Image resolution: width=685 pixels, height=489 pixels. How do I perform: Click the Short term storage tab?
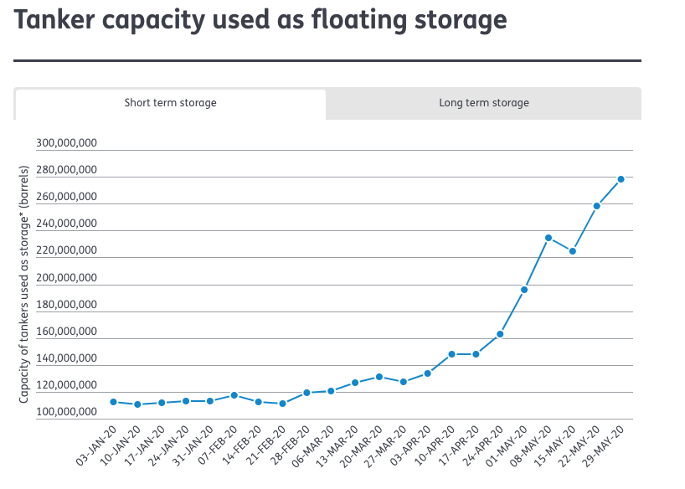pyautogui.click(x=170, y=103)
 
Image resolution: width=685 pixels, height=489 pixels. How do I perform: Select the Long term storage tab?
pyautogui.click(x=483, y=103)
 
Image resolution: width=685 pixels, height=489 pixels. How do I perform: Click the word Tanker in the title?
pyautogui.click(x=56, y=21)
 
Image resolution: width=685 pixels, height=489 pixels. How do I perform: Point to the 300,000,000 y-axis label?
pyautogui.click(x=67, y=143)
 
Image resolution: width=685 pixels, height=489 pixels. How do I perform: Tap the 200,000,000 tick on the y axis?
pyautogui.click(x=67, y=278)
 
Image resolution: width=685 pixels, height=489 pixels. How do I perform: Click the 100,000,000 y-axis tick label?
pyautogui.click(x=67, y=413)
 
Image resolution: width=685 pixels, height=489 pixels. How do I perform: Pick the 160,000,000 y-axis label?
pyautogui.click(x=67, y=332)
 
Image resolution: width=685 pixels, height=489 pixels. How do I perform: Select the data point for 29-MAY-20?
pyautogui.click(x=621, y=179)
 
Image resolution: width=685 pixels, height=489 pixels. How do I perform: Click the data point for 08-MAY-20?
pyautogui.click(x=549, y=238)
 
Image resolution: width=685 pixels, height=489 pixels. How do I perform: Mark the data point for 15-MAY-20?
pyautogui.click(x=573, y=251)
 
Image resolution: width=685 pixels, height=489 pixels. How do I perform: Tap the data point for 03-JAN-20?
pyautogui.click(x=113, y=402)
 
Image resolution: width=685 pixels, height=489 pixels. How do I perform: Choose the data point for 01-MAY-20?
pyautogui.click(x=524, y=290)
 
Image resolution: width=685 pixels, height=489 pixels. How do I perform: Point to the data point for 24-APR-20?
pyautogui.click(x=500, y=334)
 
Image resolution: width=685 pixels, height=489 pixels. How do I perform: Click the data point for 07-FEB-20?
pyautogui.click(x=234, y=395)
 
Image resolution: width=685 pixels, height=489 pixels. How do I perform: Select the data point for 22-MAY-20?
pyautogui.click(x=596, y=206)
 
